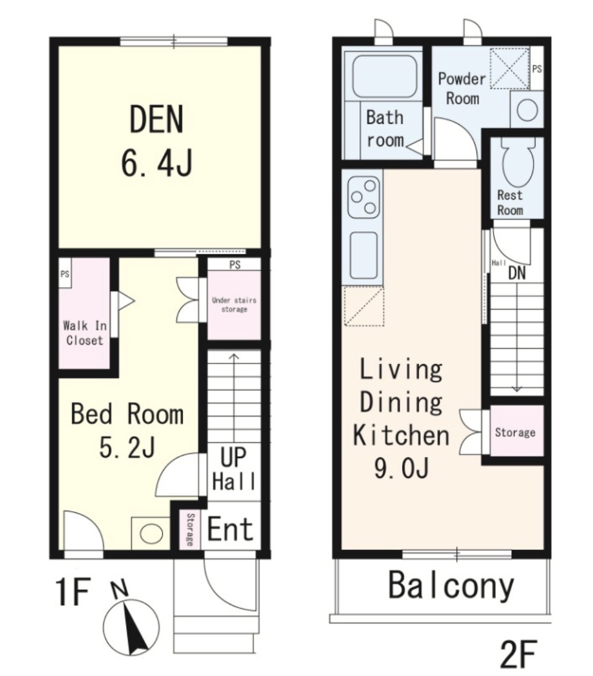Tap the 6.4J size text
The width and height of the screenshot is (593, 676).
[156, 164]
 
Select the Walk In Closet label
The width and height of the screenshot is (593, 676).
[85, 333]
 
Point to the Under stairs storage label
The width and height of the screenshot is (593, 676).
[235, 304]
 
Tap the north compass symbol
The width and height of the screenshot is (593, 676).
[131, 626]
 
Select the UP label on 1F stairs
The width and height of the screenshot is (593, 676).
[233, 457]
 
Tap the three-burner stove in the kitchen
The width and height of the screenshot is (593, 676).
[364, 197]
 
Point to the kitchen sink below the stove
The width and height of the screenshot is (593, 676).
[364, 255]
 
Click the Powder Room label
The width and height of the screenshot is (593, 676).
[462, 88]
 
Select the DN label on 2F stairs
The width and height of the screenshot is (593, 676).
[517, 273]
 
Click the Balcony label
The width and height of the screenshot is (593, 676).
[451, 586]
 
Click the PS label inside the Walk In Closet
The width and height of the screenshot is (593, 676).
[65, 274]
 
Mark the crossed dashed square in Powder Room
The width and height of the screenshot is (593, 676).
[510, 68]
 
